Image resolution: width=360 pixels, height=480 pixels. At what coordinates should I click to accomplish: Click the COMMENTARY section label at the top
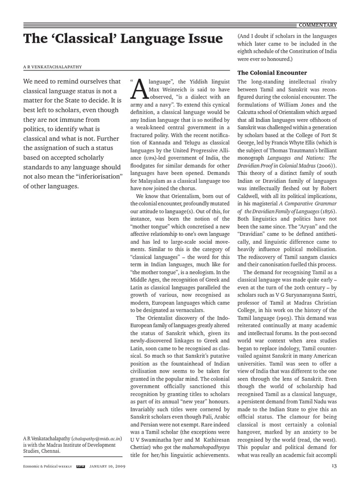point(317,25)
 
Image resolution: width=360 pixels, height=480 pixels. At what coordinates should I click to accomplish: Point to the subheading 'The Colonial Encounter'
point(272,73)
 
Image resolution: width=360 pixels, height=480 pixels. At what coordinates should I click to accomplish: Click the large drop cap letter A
point(139,91)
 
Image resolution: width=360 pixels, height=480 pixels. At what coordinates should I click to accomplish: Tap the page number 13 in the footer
point(334,466)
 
